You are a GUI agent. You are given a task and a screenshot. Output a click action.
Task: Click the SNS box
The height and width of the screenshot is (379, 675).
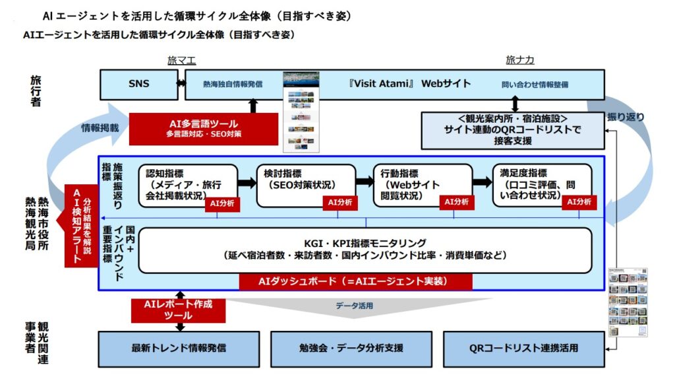coord(138,84)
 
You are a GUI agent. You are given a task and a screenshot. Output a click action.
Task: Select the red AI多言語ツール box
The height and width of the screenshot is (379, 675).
coord(204,128)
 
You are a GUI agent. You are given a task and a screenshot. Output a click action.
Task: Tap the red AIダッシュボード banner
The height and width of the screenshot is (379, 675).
coord(356,281)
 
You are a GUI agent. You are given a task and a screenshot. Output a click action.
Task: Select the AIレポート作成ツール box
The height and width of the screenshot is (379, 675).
coord(177,310)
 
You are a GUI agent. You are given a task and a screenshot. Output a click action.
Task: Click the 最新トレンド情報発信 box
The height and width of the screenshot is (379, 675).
coord(179,348)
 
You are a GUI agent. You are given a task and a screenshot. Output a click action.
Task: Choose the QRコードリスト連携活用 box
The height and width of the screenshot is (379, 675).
coord(523,348)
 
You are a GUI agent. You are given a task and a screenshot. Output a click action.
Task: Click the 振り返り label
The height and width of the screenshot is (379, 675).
coord(626,118)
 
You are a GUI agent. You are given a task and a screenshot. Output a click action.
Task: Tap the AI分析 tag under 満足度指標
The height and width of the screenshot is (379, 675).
coord(579,202)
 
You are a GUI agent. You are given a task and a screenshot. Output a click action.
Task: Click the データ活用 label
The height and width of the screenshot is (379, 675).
coord(355,306)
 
